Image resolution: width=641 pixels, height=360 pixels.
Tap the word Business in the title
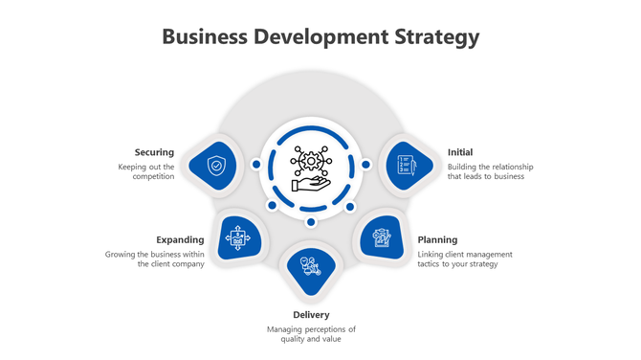[x=203, y=37]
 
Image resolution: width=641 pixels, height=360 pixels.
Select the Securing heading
[x=154, y=152]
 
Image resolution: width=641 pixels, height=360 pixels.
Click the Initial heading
[x=460, y=152]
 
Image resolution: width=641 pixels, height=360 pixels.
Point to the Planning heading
[x=437, y=239]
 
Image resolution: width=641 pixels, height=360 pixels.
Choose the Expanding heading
[x=180, y=239]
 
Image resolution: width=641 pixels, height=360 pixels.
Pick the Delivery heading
[x=311, y=315]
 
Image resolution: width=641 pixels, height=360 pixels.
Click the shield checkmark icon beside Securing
[x=217, y=166]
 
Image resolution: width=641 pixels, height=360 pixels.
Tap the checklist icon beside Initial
[x=405, y=166]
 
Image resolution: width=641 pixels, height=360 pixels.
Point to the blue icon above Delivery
[x=310, y=267]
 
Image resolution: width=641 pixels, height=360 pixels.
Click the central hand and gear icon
[x=311, y=167]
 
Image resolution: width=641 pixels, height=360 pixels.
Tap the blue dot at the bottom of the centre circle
[x=311, y=222]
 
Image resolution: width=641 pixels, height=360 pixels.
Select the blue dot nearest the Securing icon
[x=256, y=166]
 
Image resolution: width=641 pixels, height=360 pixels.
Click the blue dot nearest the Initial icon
[x=365, y=166]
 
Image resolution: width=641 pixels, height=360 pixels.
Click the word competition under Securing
[x=153, y=177]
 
